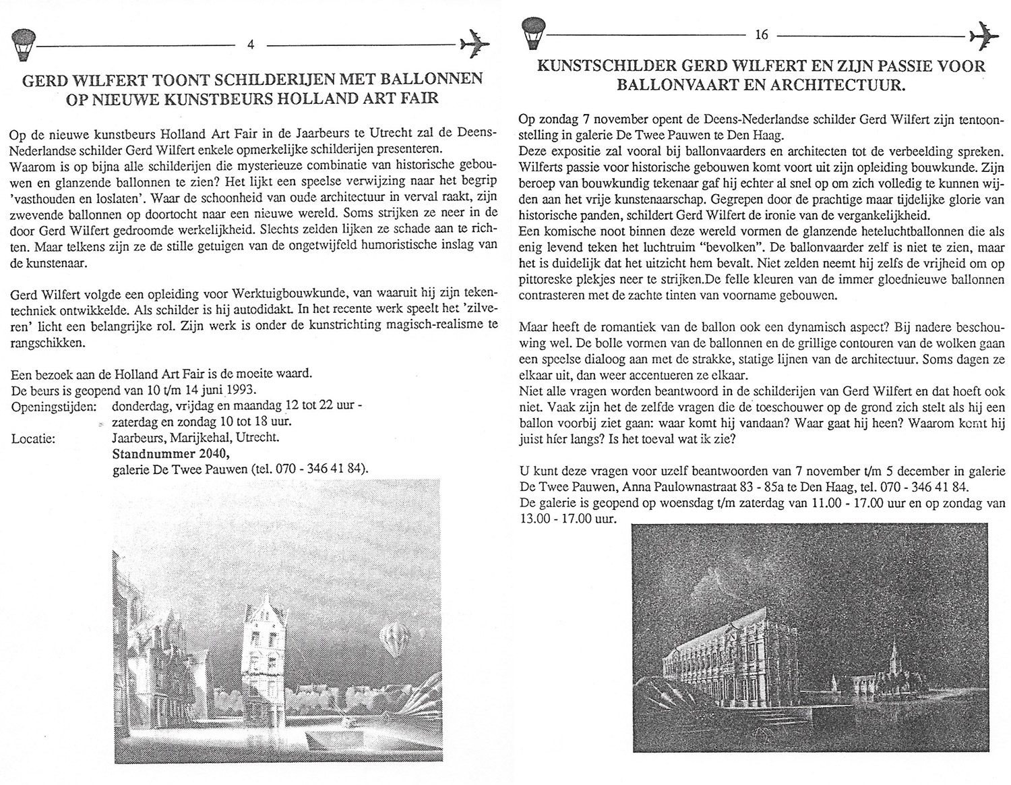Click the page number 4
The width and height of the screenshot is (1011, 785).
[x=251, y=45]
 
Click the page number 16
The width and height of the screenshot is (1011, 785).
[x=762, y=35]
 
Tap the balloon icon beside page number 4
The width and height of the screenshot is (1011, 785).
[x=24, y=45]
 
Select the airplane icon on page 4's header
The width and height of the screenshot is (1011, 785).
[x=475, y=45]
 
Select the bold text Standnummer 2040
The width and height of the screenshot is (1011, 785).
[x=162, y=453]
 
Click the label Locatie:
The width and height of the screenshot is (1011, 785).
[x=33, y=438]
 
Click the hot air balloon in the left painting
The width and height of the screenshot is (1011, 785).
[x=394, y=637]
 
